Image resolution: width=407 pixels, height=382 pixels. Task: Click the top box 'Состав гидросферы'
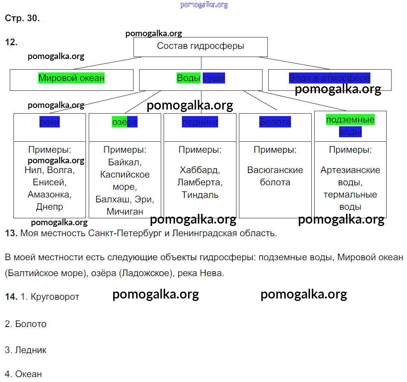201,46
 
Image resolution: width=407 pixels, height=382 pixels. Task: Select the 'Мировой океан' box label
71,78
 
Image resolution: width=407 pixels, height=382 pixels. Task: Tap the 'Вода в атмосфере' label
329,78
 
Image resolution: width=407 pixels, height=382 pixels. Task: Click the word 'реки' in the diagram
50,122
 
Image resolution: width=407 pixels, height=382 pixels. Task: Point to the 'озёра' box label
125,122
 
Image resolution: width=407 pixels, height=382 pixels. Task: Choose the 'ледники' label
200,122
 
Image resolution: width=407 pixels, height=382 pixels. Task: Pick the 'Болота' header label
275,122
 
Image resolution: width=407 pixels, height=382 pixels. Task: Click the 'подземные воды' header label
350,125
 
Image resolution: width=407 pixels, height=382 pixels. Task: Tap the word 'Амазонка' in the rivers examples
50,194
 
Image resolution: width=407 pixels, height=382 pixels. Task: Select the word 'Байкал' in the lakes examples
124,162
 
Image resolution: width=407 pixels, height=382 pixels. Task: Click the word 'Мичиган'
125,211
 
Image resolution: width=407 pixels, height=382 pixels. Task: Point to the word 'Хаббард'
200,170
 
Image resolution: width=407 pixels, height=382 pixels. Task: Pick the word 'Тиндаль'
200,194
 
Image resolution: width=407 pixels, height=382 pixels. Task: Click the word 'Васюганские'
275,170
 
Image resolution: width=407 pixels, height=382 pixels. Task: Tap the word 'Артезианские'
350,170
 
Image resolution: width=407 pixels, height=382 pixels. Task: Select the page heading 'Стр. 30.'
22,18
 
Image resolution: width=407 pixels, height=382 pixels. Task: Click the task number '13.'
11,233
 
